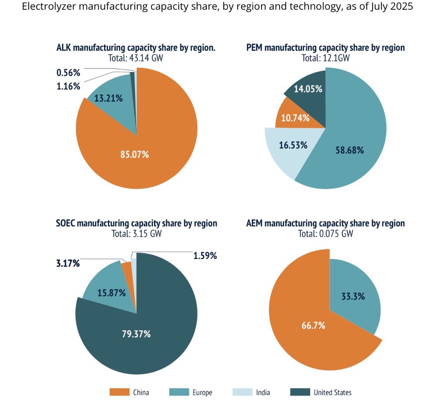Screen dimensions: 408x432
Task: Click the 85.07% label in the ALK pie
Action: pyautogui.click(x=135, y=155)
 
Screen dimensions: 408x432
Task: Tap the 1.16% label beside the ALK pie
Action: pyautogui.click(x=68, y=85)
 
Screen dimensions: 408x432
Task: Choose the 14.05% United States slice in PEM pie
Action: pyautogui.click(x=308, y=89)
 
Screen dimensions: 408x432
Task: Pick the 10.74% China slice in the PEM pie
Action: pyautogui.click(x=295, y=118)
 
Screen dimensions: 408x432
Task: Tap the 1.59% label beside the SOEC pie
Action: pyautogui.click(x=205, y=256)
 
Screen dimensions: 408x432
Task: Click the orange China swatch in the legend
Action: pyautogui.click(x=116, y=392)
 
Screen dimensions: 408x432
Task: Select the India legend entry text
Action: pyautogui.click(x=263, y=392)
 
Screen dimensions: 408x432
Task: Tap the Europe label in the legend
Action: pyautogui.click(x=202, y=392)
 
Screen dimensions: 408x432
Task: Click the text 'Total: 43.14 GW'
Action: pyautogui.click(x=135, y=58)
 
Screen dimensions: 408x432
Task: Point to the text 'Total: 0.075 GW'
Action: pyautogui.click(x=325, y=234)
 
